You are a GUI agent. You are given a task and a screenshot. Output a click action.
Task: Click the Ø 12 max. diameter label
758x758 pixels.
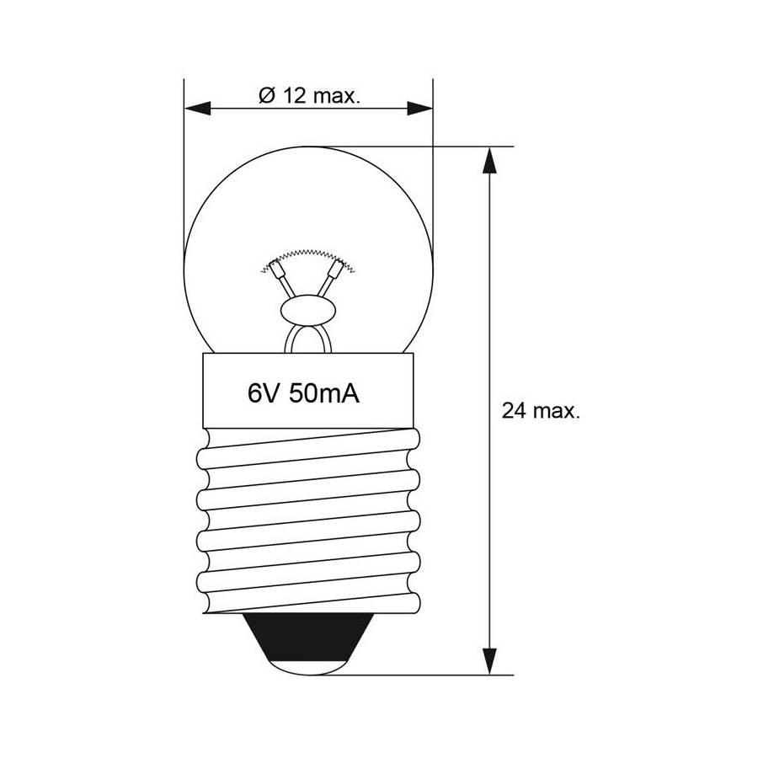tap(309, 96)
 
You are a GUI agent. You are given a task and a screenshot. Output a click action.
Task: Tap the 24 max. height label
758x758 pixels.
tap(541, 411)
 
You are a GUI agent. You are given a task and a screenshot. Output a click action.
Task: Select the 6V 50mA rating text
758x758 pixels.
tap(303, 393)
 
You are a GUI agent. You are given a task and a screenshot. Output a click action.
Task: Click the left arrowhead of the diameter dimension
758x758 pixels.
tap(198, 109)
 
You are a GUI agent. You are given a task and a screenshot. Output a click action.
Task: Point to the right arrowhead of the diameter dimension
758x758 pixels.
tap(419, 109)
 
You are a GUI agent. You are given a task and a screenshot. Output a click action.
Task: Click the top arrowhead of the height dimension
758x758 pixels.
tap(489, 160)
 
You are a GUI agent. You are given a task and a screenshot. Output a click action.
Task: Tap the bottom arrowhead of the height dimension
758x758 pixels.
tap(489, 661)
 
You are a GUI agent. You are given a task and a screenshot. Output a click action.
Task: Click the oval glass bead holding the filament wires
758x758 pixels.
tap(308, 310)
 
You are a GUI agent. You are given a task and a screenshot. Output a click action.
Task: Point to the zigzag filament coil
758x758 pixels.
tap(307, 259)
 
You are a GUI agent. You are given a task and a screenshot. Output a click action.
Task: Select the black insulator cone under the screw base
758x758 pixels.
tap(308, 636)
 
